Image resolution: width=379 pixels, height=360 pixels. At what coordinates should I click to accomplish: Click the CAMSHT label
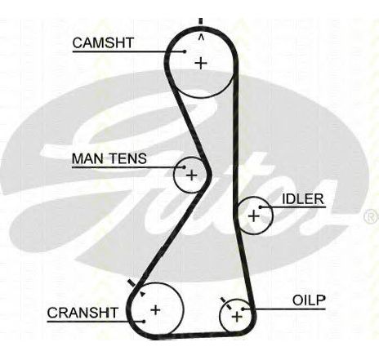pyautogui.click(x=103, y=42)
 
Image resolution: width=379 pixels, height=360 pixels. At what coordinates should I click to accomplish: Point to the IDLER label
pyautogui.click(x=303, y=199)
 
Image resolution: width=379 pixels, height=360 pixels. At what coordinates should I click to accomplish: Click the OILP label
pyautogui.click(x=309, y=300)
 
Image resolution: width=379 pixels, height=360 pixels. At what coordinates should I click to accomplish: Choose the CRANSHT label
pyautogui.click(x=82, y=313)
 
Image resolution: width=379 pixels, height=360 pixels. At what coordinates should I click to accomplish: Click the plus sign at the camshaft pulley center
pyautogui.click(x=201, y=64)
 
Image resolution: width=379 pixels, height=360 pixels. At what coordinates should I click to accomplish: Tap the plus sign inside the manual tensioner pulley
pyautogui.click(x=191, y=175)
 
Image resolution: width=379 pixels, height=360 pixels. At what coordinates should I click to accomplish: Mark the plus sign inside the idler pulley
pyautogui.click(x=254, y=216)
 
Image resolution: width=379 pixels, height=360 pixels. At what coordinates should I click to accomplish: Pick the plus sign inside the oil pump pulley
pyautogui.click(x=237, y=317)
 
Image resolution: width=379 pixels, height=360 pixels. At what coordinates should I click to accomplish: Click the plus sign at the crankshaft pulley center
pyautogui.click(x=155, y=310)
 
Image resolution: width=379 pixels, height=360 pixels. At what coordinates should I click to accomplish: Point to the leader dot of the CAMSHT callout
pyautogui.click(x=185, y=51)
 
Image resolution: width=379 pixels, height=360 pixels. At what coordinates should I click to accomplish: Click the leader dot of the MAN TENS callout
pyautogui.click(x=184, y=167)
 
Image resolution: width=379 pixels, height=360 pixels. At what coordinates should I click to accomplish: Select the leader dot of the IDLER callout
pyautogui.click(x=261, y=207)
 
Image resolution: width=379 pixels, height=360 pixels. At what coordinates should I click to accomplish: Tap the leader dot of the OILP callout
pyautogui.click(x=243, y=309)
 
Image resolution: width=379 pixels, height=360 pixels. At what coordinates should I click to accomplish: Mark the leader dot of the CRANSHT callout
pyautogui.click(x=144, y=322)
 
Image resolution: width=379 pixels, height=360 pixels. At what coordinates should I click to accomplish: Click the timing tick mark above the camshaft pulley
pyautogui.click(x=201, y=21)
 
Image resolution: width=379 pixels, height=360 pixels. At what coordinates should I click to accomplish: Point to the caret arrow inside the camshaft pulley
pyautogui.click(x=201, y=37)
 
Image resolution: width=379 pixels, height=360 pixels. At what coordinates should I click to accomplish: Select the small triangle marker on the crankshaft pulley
pyautogui.click(x=142, y=294)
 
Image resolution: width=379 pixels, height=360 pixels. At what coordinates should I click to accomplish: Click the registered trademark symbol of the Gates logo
pyautogui.click(x=372, y=216)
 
